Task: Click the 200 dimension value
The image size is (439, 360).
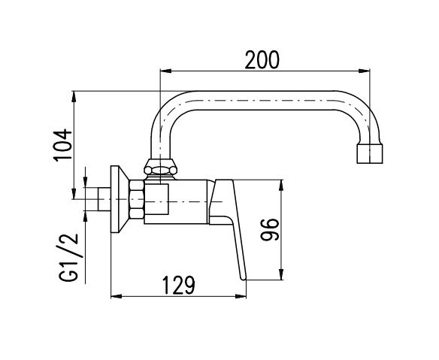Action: coord(262,59)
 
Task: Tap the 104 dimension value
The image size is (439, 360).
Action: coord(62,145)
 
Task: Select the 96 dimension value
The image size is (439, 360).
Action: coord(270,229)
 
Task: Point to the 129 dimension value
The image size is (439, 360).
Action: coord(179,285)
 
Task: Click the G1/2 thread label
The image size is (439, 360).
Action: coord(68,257)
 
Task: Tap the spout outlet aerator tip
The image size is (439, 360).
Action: coord(370,153)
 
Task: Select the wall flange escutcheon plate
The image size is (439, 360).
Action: coord(120,199)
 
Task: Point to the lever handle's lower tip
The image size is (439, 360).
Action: coord(244,279)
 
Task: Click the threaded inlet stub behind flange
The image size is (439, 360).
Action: coord(104,199)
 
